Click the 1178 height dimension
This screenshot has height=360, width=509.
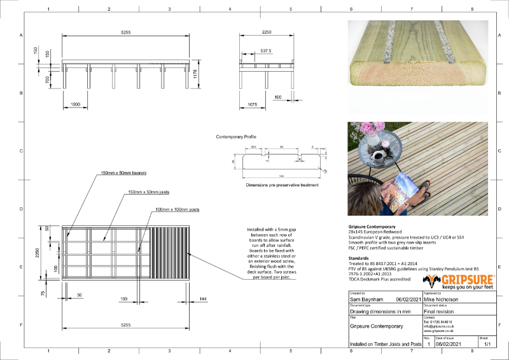coord(196,74)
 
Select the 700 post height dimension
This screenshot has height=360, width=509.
coord(47,80)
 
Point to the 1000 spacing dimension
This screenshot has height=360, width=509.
coord(75,104)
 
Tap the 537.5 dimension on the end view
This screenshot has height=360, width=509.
coord(265,50)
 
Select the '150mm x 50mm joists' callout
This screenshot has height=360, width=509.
coord(149,191)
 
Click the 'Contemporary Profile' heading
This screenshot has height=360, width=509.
coord(237,137)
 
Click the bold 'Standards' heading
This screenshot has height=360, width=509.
coord(360,258)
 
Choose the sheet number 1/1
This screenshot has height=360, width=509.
coord(489,344)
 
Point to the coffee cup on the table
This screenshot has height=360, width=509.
coord(379,155)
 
